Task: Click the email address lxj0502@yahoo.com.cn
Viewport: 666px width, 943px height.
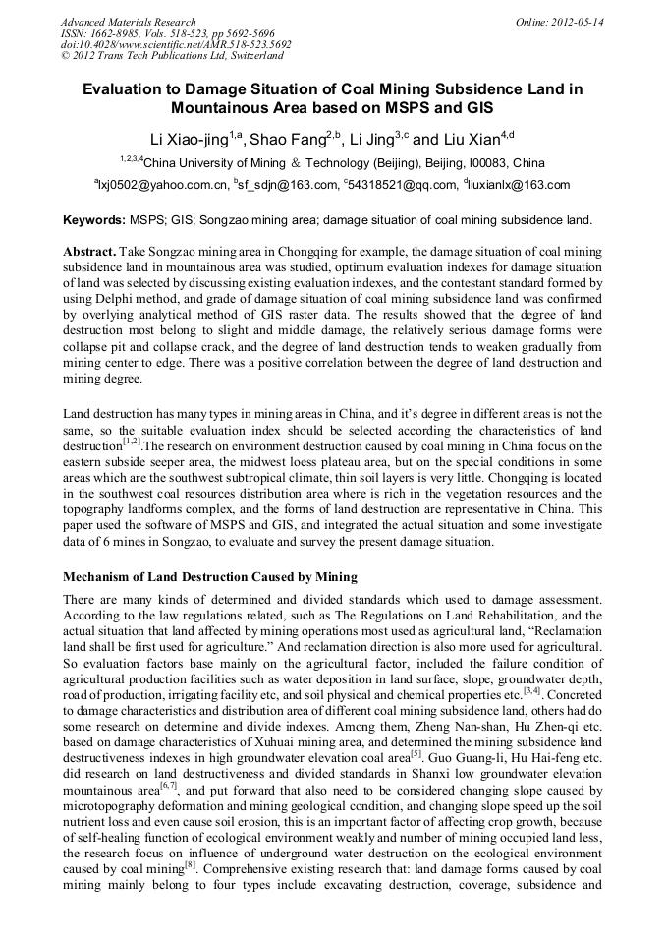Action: coord(163,185)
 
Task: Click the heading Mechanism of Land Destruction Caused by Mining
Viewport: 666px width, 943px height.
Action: coord(209,576)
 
